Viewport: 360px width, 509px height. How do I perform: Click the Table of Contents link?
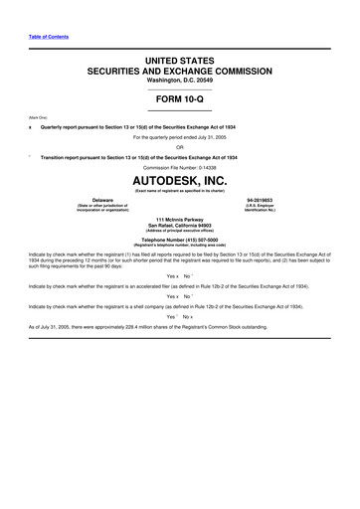40,37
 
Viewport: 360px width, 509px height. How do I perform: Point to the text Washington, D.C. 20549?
180,82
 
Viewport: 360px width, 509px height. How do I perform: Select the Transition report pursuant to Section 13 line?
139,157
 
